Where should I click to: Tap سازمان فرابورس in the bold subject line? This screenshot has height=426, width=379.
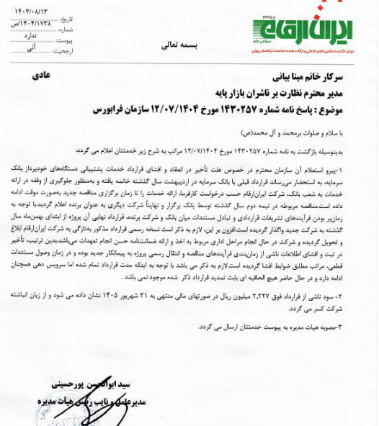click(x=124, y=112)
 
